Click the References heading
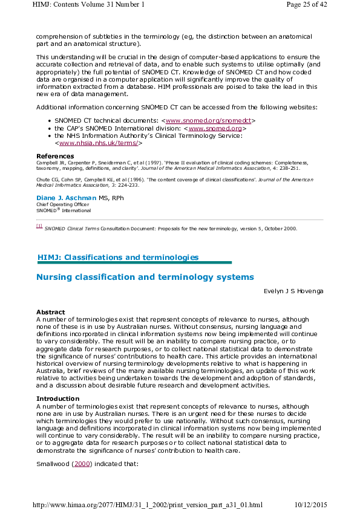point(51,156)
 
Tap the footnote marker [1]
point(39,226)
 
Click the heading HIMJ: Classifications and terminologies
point(118,258)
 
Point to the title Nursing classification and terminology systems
point(145,277)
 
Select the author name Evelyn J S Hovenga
point(293,291)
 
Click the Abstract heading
point(50,312)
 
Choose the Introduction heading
point(57,399)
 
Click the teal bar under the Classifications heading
point(134,263)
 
